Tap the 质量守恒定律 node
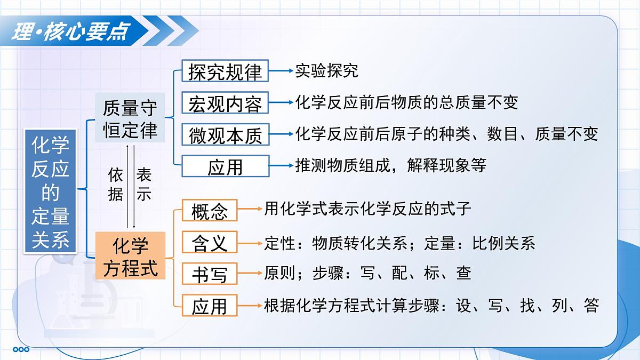click(x=130, y=118)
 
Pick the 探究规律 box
click(x=225, y=71)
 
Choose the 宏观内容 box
click(x=225, y=103)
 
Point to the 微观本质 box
click(x=225, y=135)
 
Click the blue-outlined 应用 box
click(x=225, y=166)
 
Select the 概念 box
click(x=210, y=211)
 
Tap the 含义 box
click(x=210, y=243)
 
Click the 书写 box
click(x=210, y=275)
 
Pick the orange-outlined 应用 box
click(x=210, y=306)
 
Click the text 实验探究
click(x=326, y=71)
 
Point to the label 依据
click(x=116, y=184)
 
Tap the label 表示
click(x=144, y=184)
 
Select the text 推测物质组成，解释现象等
click(x=390, y=165)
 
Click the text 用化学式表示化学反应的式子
click(x=367, y=209)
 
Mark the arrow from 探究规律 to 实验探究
click(x=281, y=71)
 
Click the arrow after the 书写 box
click(x=250, y=274)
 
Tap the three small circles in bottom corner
click(x=21, y=349)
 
